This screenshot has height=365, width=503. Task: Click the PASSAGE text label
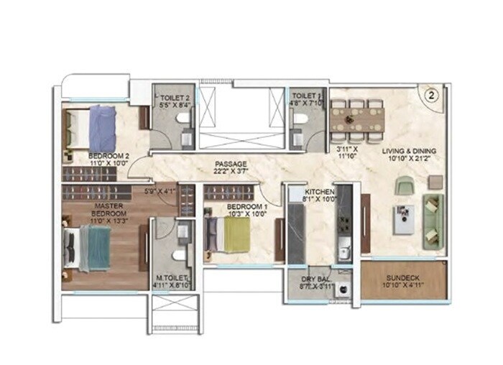230,164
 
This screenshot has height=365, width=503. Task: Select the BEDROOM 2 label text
109,154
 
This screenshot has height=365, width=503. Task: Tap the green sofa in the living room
433,220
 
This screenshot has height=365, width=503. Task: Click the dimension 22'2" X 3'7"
231,172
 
